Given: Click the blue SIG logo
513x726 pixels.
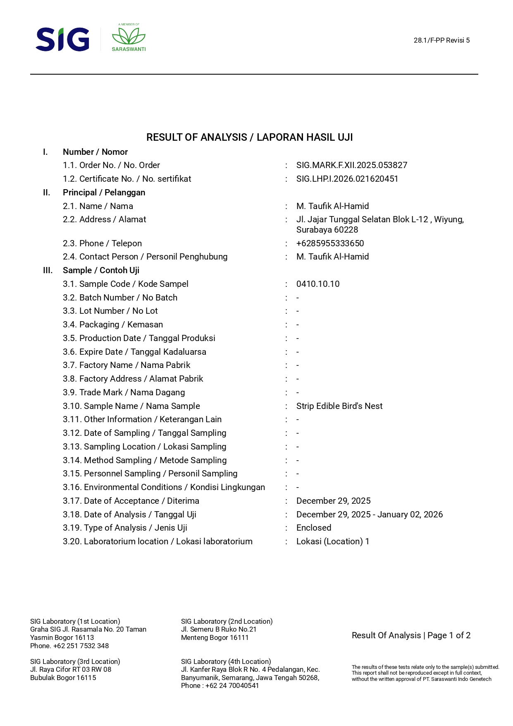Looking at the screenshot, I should point(62,40).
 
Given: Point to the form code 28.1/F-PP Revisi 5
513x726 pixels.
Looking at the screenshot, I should point(441,40).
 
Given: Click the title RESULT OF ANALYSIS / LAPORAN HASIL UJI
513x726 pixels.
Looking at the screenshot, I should point(249,137).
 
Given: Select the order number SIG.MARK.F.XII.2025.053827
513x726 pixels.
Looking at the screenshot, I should point(351,165).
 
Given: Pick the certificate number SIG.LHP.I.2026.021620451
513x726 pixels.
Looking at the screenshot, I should point(347,179).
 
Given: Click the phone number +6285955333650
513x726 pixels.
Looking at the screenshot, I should point(330,243).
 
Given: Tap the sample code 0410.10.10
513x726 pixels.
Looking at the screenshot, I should point(317,284).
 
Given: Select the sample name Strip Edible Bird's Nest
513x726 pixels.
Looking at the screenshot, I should point(339,406).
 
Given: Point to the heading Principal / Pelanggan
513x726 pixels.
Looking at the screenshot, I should point(104,192).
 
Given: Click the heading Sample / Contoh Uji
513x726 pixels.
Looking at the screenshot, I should point(101,270).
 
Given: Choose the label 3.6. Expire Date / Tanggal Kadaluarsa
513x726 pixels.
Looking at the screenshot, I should point(134,352).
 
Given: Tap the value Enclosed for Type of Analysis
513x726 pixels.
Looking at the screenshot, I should point(313,528).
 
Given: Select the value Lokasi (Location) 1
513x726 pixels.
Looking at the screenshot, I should point(332,541).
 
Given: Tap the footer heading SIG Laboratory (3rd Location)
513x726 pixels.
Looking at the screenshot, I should point(75,661).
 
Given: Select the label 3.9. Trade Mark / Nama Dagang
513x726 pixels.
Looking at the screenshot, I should point(124,392).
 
